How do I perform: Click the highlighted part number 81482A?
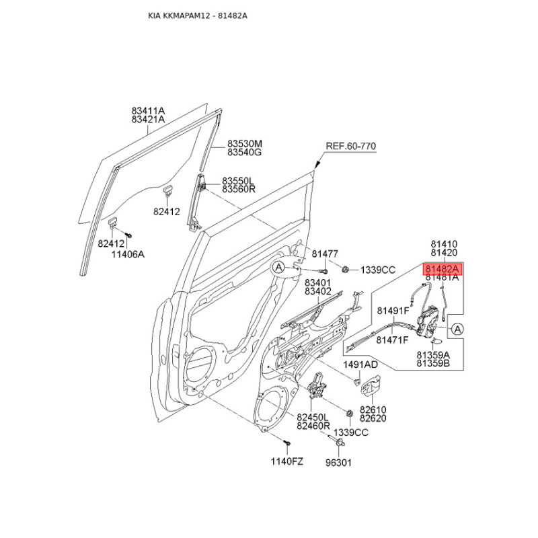coord(443,269)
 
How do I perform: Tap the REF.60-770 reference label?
coord(350,146)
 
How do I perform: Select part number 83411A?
coord(148,111)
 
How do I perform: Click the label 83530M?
coord(245,143)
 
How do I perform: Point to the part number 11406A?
coord(128,254)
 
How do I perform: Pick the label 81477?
coord(325,254)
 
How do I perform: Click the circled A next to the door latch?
coord(457,329)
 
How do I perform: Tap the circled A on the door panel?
coord(279,267)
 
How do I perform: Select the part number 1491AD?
coord(360,364)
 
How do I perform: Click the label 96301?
coord(338,463)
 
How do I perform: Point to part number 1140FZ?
coord(287,461)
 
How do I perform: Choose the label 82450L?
coord(313,417)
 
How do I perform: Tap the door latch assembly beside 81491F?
coord(428,323)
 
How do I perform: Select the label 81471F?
coord(392,340)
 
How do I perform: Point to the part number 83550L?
coord(238,181)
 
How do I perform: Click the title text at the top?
coord(197,15)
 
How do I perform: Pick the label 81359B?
coord(433,363)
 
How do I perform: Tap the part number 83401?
coord(317,283)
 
